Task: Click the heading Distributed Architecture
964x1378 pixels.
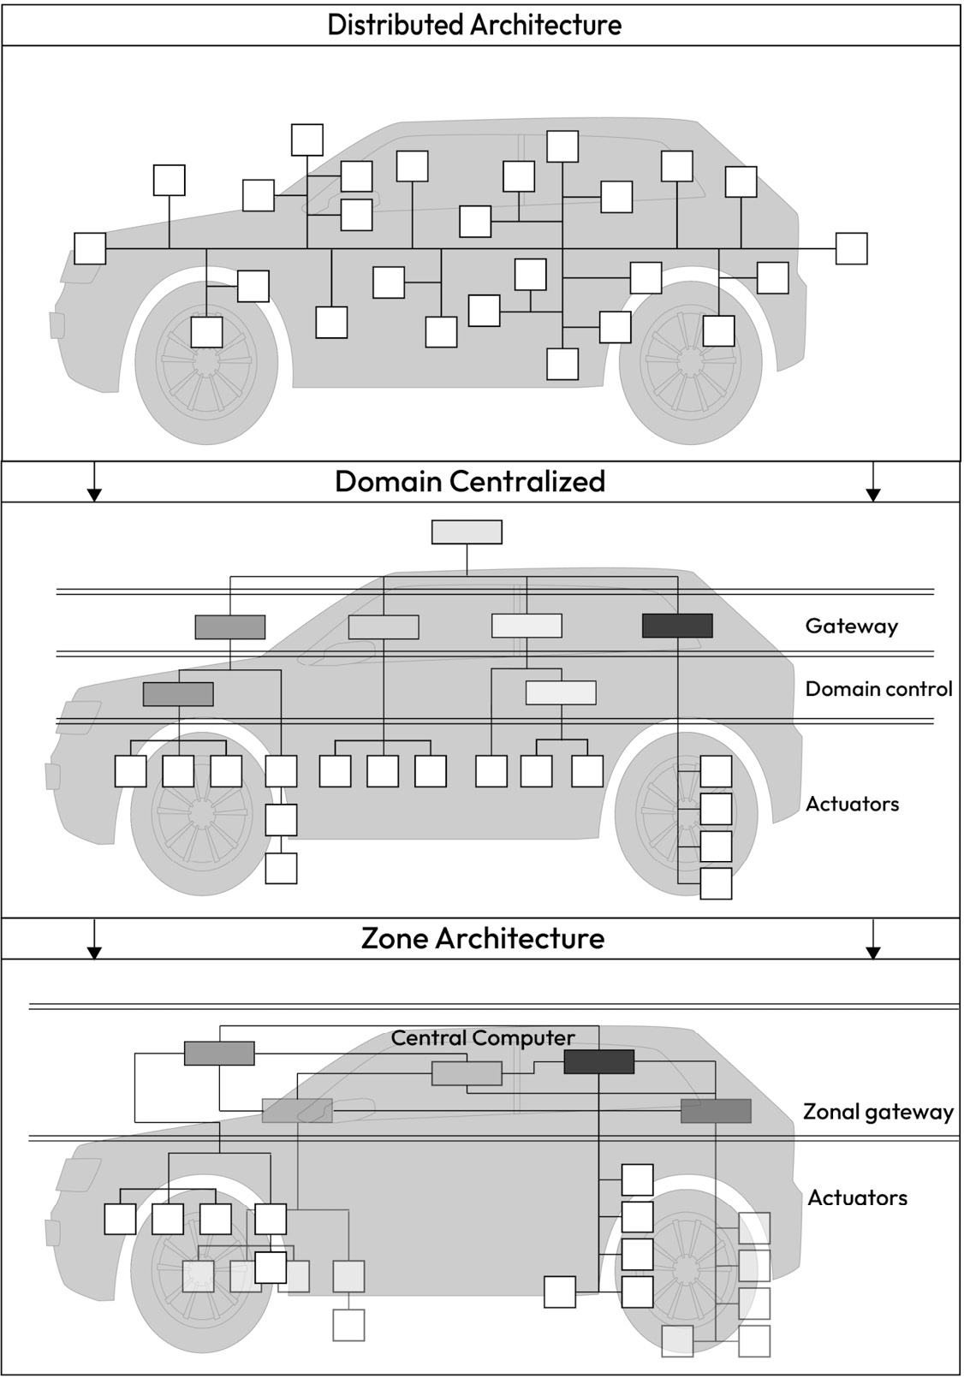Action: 474,24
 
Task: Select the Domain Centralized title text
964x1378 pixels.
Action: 470,481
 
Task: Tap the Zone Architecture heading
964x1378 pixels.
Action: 483,938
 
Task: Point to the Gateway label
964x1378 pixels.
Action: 851,626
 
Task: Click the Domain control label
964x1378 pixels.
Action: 878,689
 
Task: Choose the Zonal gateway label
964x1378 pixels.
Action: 878,1112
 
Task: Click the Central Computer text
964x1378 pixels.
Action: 483,1038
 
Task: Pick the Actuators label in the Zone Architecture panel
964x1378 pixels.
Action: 857,1197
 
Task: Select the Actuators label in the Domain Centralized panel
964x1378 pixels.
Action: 852,804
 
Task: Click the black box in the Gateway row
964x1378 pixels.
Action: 677,626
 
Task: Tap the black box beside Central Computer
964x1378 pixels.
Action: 598,1061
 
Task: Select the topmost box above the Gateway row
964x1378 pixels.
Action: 467,532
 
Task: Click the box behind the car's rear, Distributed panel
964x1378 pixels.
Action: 851,248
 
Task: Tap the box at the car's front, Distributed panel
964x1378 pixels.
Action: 90,248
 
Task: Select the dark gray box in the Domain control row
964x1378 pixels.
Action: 178,693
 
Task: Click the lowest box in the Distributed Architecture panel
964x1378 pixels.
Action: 562,364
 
